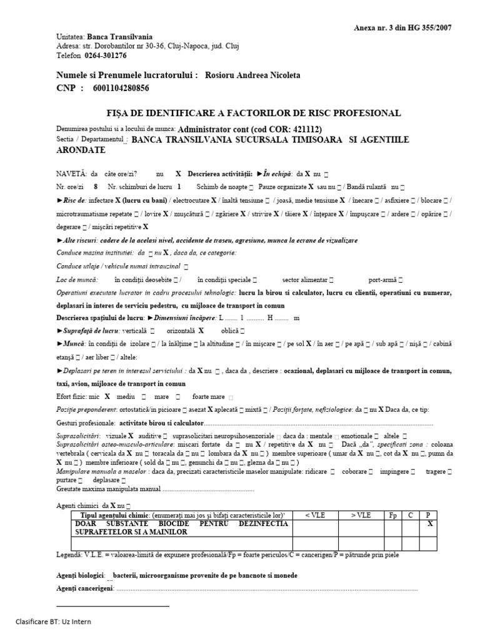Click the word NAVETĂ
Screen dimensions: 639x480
71,174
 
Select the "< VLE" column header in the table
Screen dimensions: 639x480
315,515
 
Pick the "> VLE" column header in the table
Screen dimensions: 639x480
361,515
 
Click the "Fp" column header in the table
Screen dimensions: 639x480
392,515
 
